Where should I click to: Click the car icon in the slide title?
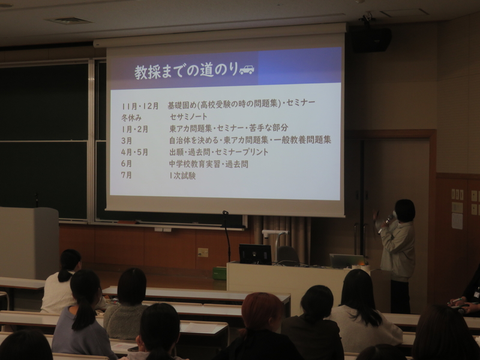(x=247, y=70)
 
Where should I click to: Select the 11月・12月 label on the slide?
(x=140, y=106)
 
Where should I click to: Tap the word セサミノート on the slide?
(x=188, y=116)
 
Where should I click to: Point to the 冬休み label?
(x=131, y=118)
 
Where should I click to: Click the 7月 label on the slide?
(x=127, y=175)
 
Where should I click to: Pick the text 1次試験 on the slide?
(x=182, y=176)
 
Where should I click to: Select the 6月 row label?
(x=127, y=163)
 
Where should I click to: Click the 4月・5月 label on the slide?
(x=134, y=152)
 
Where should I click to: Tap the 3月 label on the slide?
(x=127, y=140)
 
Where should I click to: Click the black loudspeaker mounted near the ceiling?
(x=371, y=40)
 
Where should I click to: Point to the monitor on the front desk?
(x=255, y=254)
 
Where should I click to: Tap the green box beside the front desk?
(x=220, y=274)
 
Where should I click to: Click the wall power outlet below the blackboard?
(x=203, y=253)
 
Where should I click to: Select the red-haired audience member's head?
(x=262, y=310)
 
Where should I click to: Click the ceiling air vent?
(x=69, y=21)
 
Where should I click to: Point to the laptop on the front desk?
(x=347, y=261)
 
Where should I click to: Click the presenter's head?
(x=404, y=211)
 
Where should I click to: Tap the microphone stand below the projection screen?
(x=227, y=236)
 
